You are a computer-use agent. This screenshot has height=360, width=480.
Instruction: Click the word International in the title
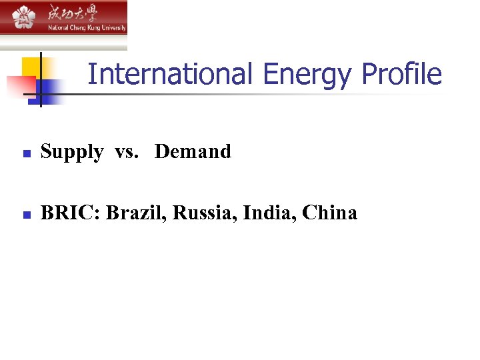tap(170, 74)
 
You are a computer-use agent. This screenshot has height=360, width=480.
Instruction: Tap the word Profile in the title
tap(402, 74)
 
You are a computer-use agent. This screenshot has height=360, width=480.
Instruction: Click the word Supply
tap(72, 153)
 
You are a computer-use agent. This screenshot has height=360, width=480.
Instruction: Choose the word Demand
tap(193, 151)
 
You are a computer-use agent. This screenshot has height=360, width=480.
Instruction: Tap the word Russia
tap(205, 213)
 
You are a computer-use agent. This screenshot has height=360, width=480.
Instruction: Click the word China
tap(329, 213)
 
